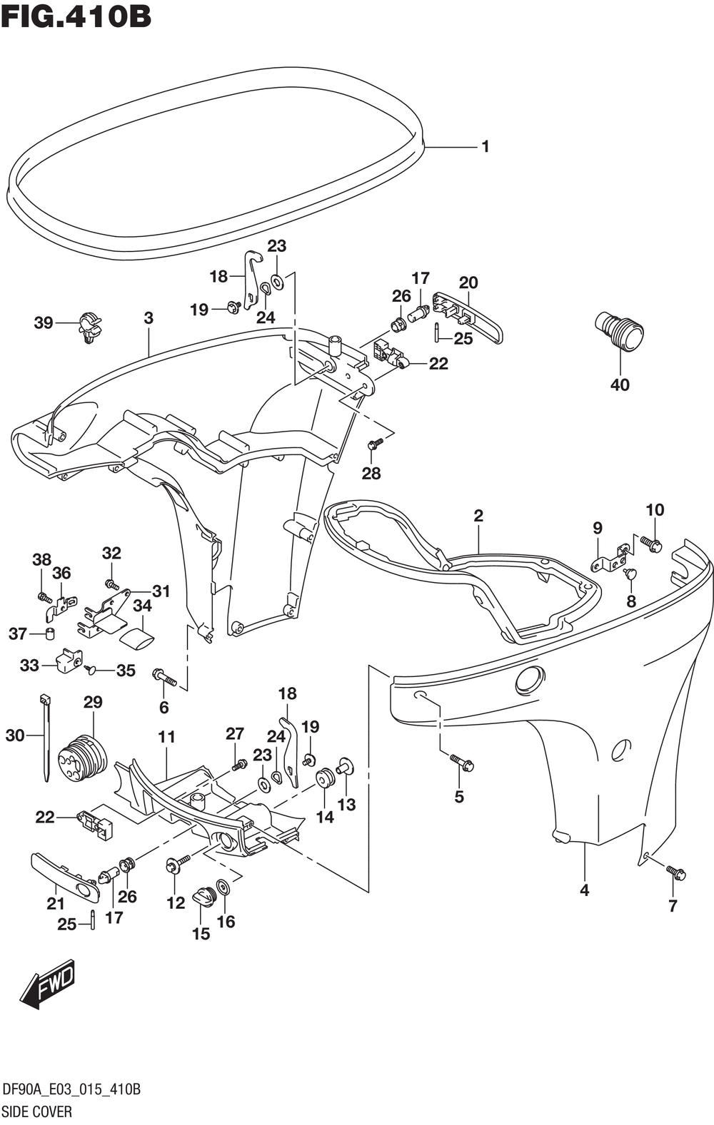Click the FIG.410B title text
point(76,16)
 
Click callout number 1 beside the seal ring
point(486,147)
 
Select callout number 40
point(620,385)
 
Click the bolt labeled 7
point(675,872)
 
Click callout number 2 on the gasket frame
point(478,516)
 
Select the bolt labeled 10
point(650,544)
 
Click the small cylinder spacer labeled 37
point(50,634)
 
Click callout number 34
point(142,606)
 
